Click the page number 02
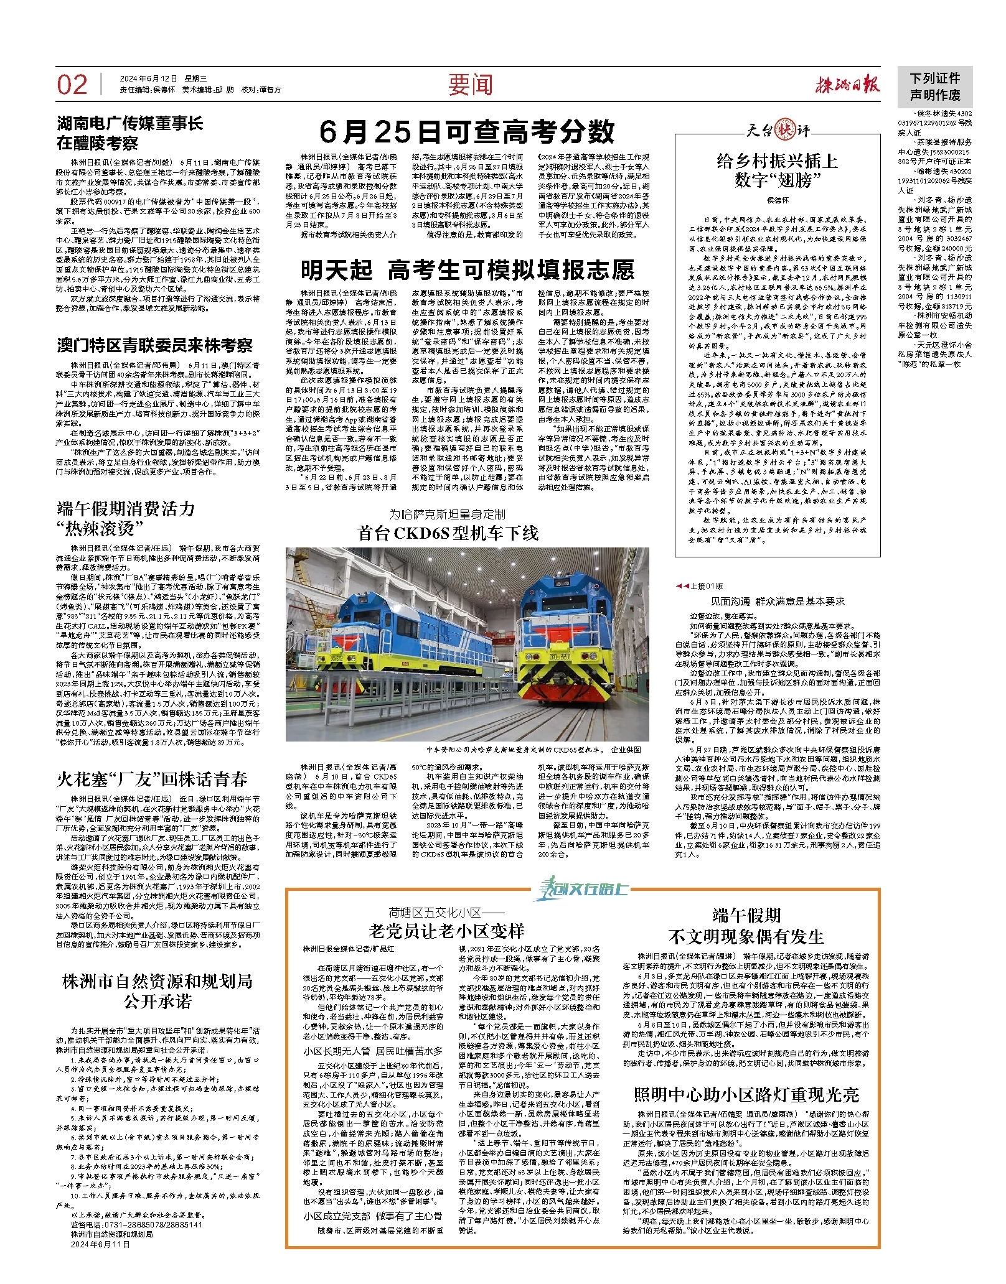click(72, 85)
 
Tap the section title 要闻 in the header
click(470, 85)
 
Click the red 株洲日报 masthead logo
click(848, 85)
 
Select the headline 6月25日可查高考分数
click(467, 131)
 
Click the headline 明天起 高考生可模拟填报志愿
click(468, 270)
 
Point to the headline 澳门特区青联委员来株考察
click(155, 345)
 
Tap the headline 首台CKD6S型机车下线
click(448, 533)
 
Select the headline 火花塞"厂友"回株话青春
click(152, 779)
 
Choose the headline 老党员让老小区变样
click(446, 931)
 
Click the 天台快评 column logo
click(778, 131)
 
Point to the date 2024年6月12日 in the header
click(149, 79)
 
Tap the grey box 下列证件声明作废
click(934, 86)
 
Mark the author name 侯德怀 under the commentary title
click(777, 200)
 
